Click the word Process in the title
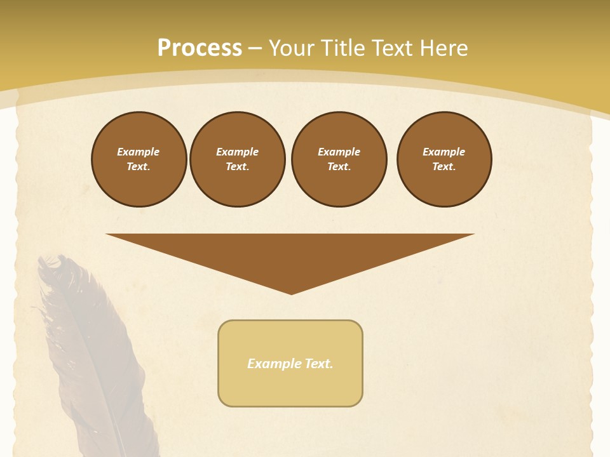(200, 48)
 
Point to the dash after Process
(255, 49)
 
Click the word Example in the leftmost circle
(139, 152)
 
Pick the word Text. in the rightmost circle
(444, 166)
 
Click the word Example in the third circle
(339, 152)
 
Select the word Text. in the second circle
(238, 166)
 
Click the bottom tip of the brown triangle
(291, 293)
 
